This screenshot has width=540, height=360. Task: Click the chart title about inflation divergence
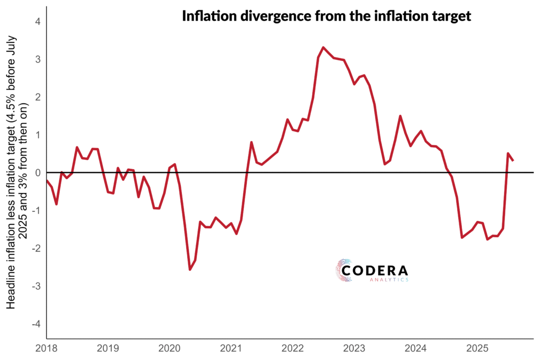pyautogui.click(x=326, y=16)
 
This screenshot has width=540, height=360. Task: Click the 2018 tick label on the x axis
pyautogui.click(x=46, y=348)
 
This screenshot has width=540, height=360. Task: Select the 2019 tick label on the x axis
pyautogui.click(x=108, y=348)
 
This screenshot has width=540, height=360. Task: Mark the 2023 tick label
pyautogui.click(x=354, y=348)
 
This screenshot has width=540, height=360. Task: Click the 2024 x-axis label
pyautogui.click(x=416, y=348)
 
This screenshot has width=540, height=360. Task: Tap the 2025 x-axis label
pyautogui.click(x=478, y=348)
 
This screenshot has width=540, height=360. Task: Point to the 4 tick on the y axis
pyautogui.click(x=38, y=22)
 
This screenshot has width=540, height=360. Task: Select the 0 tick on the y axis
pyautogui.click(x=38, y=173)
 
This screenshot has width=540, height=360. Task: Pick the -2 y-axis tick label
pyautogui.click(x=36, y=248)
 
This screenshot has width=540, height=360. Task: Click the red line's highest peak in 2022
pyautogui.click(x=323, y=47)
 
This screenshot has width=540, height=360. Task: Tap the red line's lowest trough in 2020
pyautogui.click(x=190, y=269)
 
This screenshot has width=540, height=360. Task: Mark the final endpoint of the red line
pyautogui.click(x=513, y=160)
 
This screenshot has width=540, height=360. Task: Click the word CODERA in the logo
pyautogui.click(x=374, y=270)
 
